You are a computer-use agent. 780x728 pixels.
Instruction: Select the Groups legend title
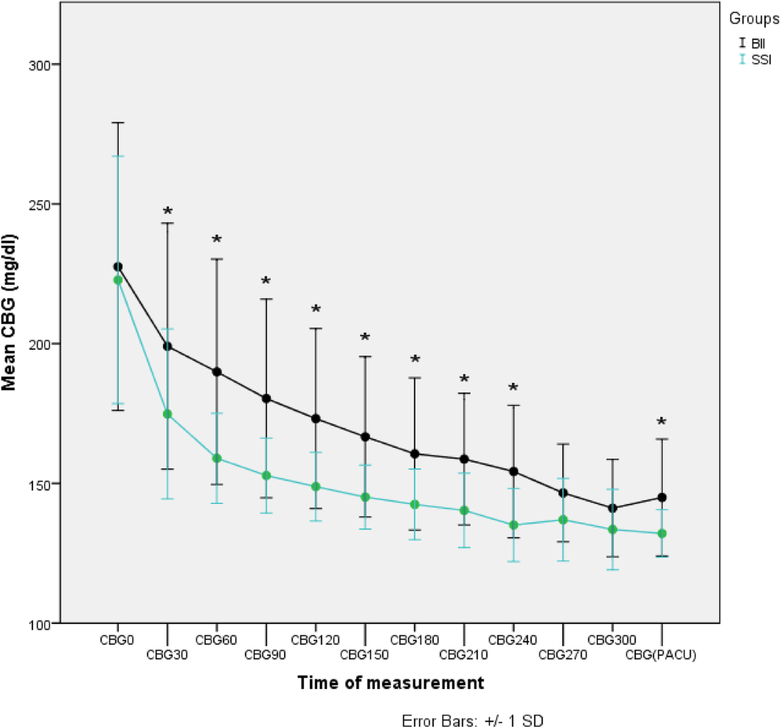tap(753, 19)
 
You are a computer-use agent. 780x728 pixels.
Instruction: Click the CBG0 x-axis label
tap(118, 640)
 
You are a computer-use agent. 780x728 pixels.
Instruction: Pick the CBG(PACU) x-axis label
tap(661, 655)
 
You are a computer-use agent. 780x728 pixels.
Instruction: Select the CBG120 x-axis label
tap(315, 640)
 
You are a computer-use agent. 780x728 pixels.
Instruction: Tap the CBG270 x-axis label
tap(562, 655)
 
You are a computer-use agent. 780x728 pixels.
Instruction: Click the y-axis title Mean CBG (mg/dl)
tap(10, 313)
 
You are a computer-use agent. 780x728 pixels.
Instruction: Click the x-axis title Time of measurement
tap(391, 683)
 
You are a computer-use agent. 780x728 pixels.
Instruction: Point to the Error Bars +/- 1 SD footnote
tap(473, 720)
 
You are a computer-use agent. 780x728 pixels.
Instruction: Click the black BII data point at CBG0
tap(118, 266)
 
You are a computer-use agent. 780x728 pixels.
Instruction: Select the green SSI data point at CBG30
tap(167, 414)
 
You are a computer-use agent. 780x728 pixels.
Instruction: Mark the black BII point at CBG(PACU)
tap(662, 497)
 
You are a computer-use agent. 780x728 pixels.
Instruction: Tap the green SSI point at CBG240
tap(513, 525)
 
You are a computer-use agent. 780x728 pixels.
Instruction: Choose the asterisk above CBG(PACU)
tap(661, 423)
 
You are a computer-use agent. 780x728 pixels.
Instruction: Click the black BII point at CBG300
tap(612, 508)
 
